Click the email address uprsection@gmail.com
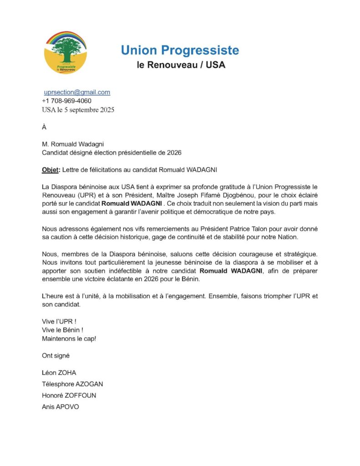[x=77, y=92]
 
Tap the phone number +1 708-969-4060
[x=66, y=101]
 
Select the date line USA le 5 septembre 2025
[x=78, y=110]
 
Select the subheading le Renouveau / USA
[x=181, y=65]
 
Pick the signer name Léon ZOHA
[x=59, y=373]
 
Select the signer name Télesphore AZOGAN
[x=76, y=384]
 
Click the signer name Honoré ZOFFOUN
[x=69, y=395]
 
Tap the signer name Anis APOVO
[x=60, y=407]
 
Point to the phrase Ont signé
[x=56, y=355]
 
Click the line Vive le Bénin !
[x=62, y=329]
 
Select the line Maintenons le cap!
[x=69, y=339]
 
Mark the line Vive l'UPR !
[x=59, y=321]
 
